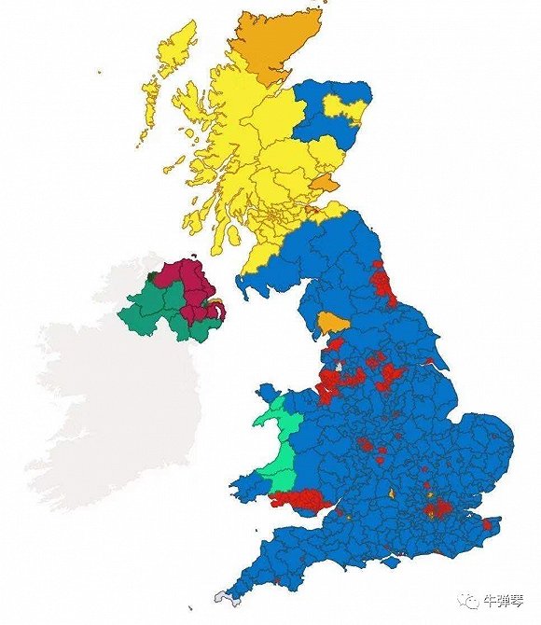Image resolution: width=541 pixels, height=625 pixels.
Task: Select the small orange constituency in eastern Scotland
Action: (x=324, y=183)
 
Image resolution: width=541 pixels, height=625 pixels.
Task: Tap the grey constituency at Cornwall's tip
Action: (x=221, y=596)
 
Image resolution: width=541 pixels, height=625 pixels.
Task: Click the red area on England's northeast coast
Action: (x=382, y=280)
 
